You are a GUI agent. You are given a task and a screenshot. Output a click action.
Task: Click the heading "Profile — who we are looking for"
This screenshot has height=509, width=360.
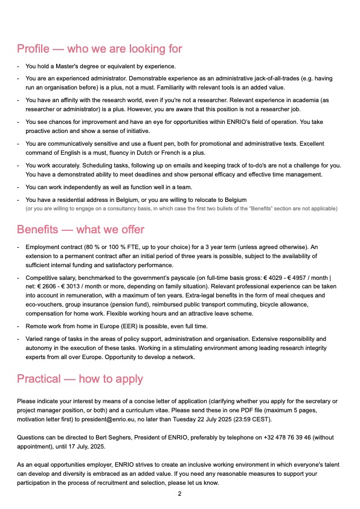pyautogui.click(x=99, y=49)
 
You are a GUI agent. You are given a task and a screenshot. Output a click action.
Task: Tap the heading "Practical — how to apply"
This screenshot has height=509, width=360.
pyautogui.click(x=80, y=379)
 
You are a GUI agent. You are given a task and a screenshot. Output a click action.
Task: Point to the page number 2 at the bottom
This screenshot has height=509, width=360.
pyautogui.click(x=179, y=494)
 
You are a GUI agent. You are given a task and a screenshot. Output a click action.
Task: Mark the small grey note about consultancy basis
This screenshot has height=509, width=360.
pyautogui.click(x=181, y=209)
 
